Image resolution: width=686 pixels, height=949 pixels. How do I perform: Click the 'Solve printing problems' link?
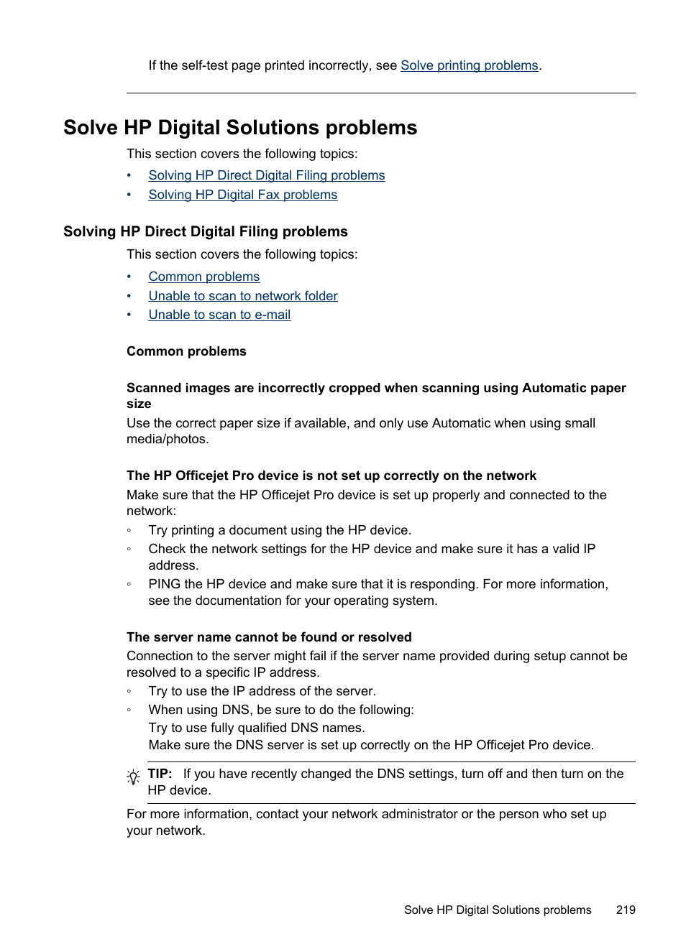pyautogui.click(x=469, y=65)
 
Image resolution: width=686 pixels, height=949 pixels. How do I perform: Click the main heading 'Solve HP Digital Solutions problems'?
pyautogui.click(x=240, y=128)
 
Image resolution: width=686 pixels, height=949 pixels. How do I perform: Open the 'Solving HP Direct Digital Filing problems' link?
pyautogui.click(x=266, y=175)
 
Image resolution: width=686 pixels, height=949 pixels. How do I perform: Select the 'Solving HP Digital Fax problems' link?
pyautogui.click(x=242, y=195)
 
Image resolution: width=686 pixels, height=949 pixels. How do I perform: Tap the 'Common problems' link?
pyautogui.click(x=203, y=277)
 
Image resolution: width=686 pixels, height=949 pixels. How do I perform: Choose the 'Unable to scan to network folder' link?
pyautogui.click(x=242, y=296)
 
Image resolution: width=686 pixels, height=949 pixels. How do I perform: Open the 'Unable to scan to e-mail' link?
pyautogui.click(x=219, y=315)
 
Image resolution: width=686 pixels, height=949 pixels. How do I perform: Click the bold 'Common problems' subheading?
pyautogui.click(x=186, y=351)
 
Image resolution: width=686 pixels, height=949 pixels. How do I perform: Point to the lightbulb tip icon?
pyautogui.click(x=133, y=777)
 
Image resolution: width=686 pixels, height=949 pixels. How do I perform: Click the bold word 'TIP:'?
pyautogui.click(x=160, y=774)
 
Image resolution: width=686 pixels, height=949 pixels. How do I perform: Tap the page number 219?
pyautogui.click(x=626, y=909)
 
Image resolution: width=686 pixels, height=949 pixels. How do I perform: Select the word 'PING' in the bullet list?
pyautogui.click(x=164, y=584)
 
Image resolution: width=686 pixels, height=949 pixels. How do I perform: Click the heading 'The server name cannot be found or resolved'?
pyautogui.click(x=269, y=637)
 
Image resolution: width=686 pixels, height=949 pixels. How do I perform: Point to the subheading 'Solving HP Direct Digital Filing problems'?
pyautogui.click(x=205, y=231)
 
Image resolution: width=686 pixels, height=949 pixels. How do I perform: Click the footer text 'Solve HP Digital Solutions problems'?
pyautogui.click(x=498, y=909)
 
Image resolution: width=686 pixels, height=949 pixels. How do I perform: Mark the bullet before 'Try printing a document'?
pyautogui.click(x=129, y=530)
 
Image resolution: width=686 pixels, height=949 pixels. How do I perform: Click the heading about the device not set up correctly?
pyautogui.click(x=331, y=476)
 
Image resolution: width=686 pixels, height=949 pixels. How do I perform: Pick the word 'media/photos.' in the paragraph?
pyautogui.click(x=168, y=439)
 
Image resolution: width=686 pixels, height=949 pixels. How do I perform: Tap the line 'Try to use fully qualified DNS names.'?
pyautogui.click(x=256, y=728)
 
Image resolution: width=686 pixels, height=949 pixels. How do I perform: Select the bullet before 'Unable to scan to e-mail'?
pyautogui.click(x=129, y=315)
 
